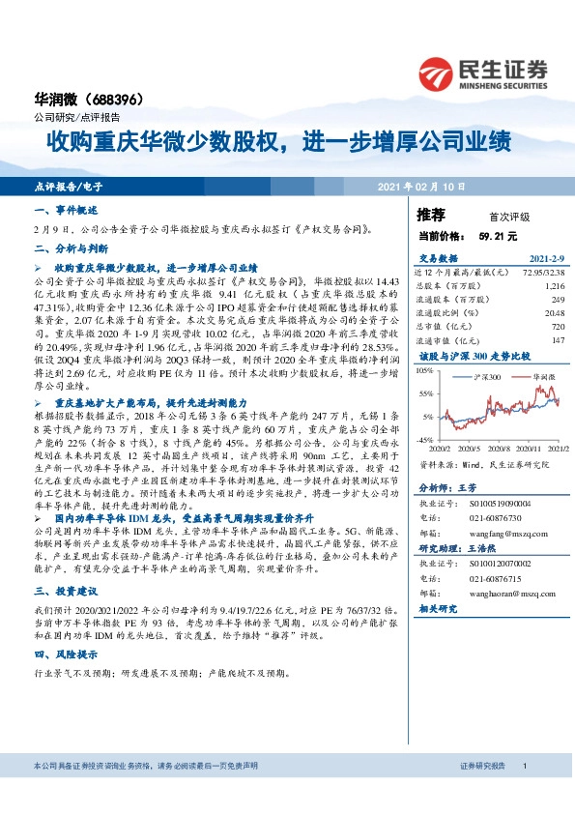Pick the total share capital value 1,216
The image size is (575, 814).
(x=554, y=287)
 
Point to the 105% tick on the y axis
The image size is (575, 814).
(x=424, y=369)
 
